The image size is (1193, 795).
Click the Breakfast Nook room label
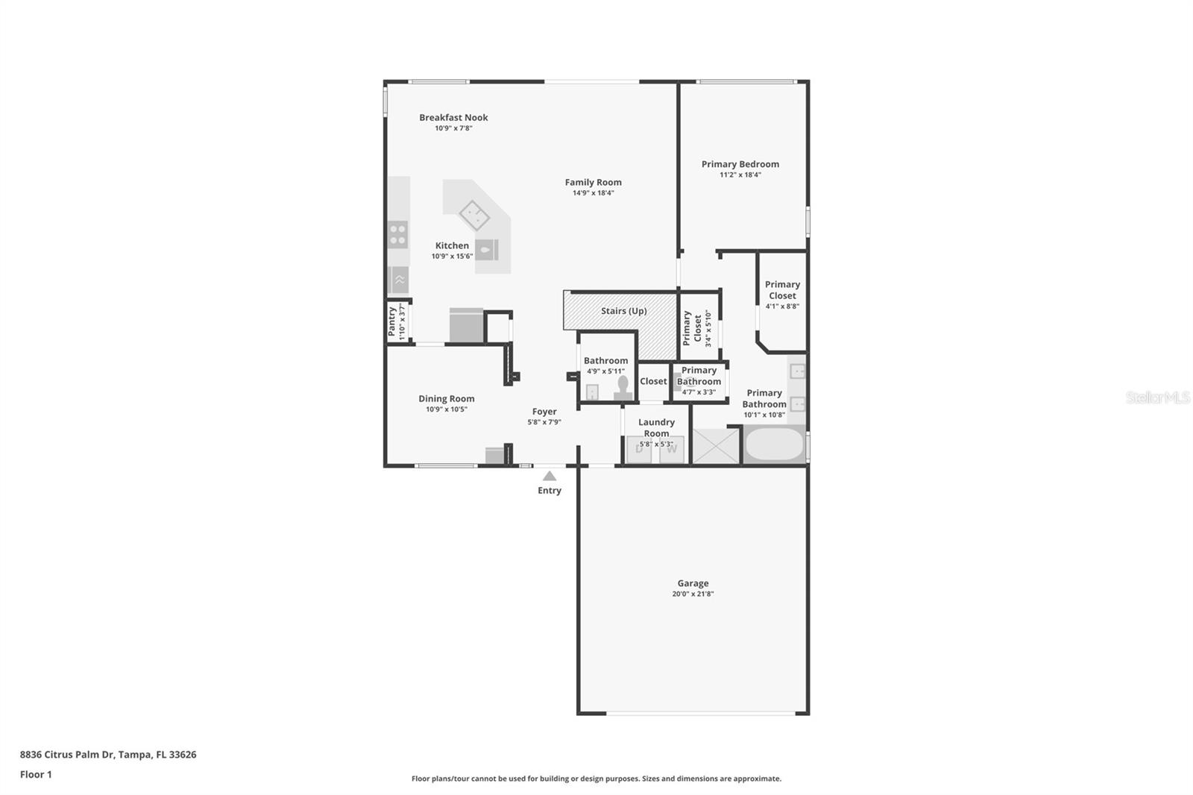coord(453,117)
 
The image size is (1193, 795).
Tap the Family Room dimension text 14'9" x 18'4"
coord(593,193)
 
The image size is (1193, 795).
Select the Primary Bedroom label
coord(740,164)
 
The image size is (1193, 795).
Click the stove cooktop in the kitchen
coord(397,234)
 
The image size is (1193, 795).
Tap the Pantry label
coord(392,321)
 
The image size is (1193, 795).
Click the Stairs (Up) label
coord(623,311)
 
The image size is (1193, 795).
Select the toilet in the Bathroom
coord(623,388)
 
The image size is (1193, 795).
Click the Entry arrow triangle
coord(550,476)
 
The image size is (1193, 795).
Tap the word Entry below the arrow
coord(550,491)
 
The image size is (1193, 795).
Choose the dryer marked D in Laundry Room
coord(639,450)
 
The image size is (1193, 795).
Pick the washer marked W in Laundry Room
coord(672,450)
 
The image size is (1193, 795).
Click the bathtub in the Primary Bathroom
coord(775,444)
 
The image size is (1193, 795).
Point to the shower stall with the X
coord(716,446)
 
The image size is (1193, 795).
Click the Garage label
coord(693,583)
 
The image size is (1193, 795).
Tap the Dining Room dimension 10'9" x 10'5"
coord(446,409)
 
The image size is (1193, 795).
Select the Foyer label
coord(544,412)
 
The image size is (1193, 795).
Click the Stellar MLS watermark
coord(1157,397)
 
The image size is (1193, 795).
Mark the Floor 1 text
coord(36,774)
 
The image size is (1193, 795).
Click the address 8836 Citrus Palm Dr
coord(67,754)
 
